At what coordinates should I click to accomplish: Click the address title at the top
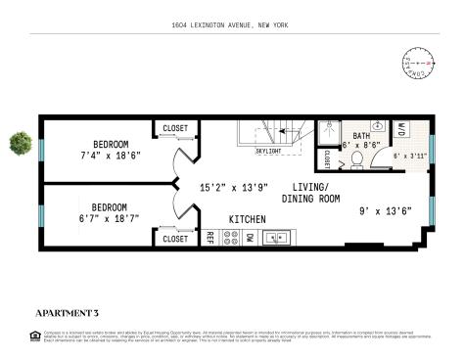pos(232,24)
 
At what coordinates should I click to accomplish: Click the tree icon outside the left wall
pos(18,143)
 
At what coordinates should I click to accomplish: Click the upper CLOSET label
pos(175,127)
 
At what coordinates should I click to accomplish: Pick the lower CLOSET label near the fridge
pos(175,239)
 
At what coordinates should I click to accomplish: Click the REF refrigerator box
pos(209,237)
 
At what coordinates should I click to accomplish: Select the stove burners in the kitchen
pos(230,237)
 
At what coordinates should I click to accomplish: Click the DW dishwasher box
pos(250,237)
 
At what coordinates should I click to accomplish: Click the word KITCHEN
pos(246,218)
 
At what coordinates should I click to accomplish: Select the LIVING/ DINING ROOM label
pos(310,193)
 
